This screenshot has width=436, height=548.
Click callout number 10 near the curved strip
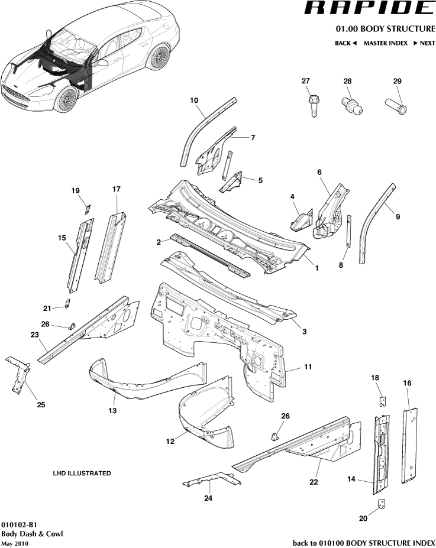pos(193,100)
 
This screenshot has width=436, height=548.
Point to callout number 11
pos(308,367)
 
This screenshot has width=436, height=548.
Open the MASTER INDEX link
pos(385,43)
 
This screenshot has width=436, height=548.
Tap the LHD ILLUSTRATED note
pos(82,474)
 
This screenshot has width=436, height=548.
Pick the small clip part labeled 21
pos(67,304)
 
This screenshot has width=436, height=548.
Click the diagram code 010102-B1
pos(20,524)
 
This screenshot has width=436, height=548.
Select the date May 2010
pos(15,543)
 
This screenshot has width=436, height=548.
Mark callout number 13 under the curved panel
pos(112,410)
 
